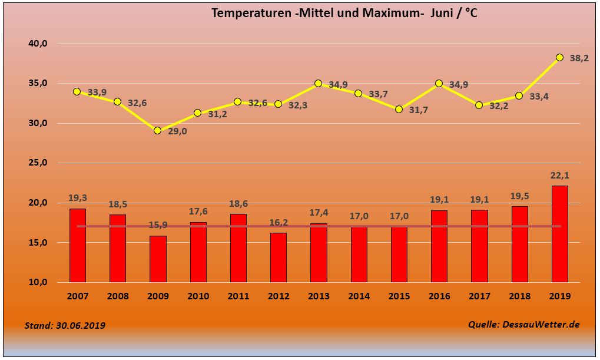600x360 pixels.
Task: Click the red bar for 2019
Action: (559, 234)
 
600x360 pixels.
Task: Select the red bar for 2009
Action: (158, 259)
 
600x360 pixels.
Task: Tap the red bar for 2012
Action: (278, 257)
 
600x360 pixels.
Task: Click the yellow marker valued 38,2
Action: (559, 57)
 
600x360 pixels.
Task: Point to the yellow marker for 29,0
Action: (157, 130)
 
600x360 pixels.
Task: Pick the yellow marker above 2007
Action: (77, 91)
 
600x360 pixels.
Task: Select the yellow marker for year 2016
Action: (439, 84)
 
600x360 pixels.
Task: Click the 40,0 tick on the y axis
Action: (39, 43)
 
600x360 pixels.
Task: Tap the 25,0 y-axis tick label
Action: (39, 163)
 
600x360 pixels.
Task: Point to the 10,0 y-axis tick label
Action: (39, 282)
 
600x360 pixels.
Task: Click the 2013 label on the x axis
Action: (318, 296)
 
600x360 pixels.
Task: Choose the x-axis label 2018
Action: (519, 296)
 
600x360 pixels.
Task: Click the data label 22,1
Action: (560, 176)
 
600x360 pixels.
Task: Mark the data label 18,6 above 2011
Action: (238, 204)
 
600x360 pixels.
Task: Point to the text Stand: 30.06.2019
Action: (65, 325)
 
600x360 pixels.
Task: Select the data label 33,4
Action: (539, 96)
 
